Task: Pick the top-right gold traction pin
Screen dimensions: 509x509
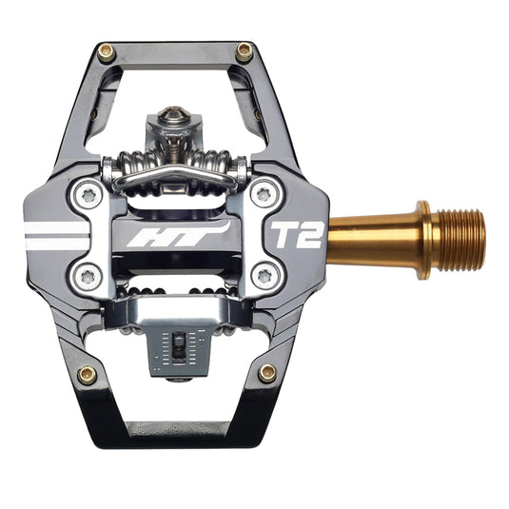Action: [x=245, y=52]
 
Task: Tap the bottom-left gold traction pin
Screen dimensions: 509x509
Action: [x=88, y=373]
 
